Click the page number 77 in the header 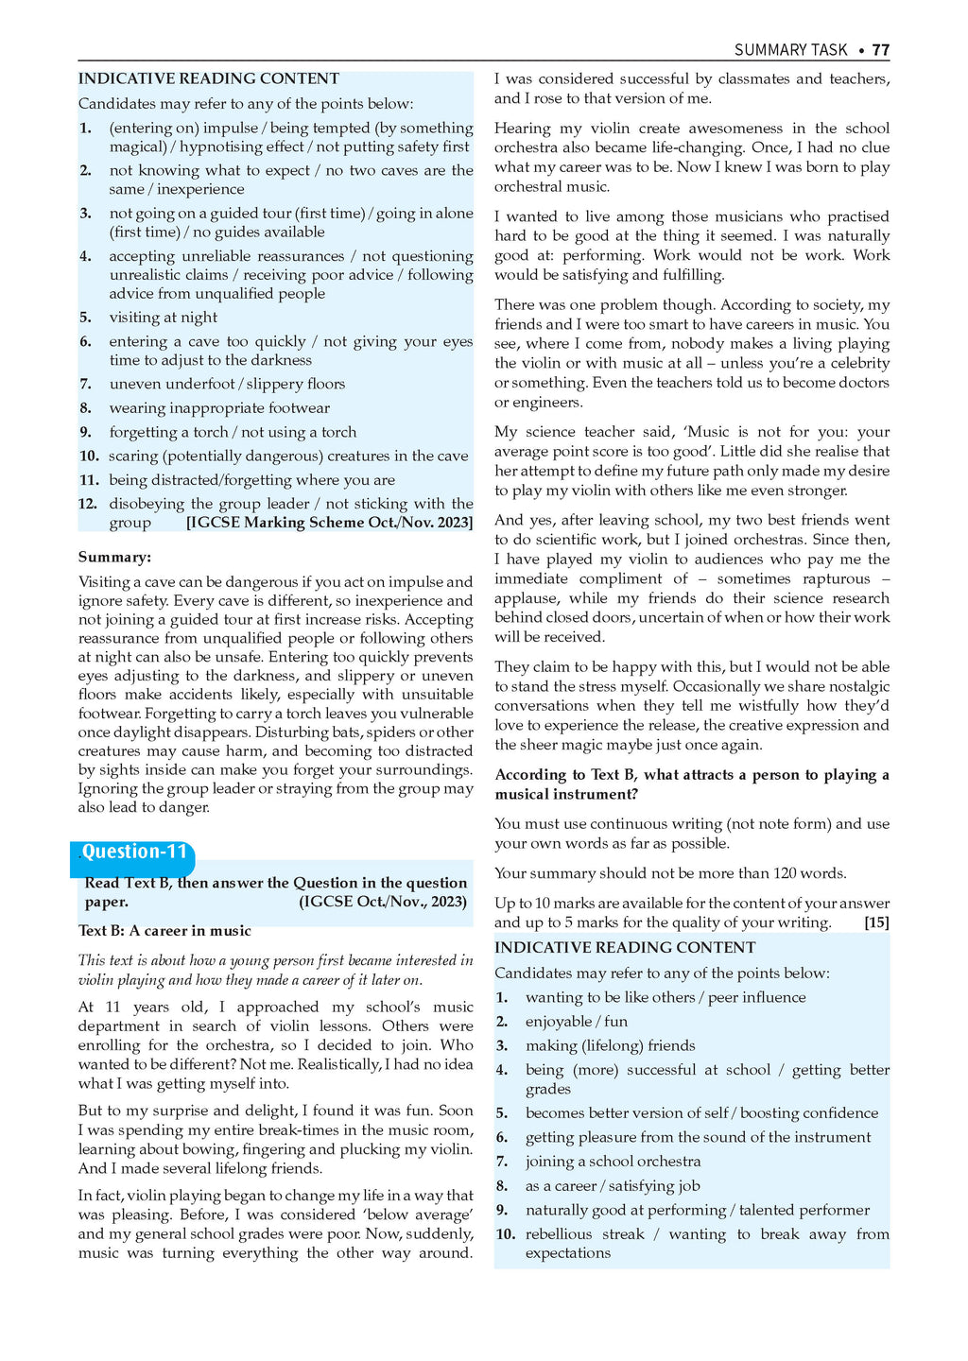(x=880, y=50)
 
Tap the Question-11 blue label (x=134, y=853)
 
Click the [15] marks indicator (x=876, y=922)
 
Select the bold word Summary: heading (x=114, y=558)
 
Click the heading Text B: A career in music (x=164, y=931)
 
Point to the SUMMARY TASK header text (x=790, y=50)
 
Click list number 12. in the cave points (x=88, y=504)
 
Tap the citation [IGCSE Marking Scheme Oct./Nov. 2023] (x=329, y=523)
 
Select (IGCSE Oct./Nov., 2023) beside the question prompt (x=383, y=902)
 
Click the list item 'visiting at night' (x=163, y=318)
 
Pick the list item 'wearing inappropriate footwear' (x=219, y=408)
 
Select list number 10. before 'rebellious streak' (x=506, y=1234)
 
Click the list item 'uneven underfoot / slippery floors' (x=227, y=384)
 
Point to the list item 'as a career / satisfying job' (x=615, y=1186)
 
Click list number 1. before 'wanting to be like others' (x=502, y=998)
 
